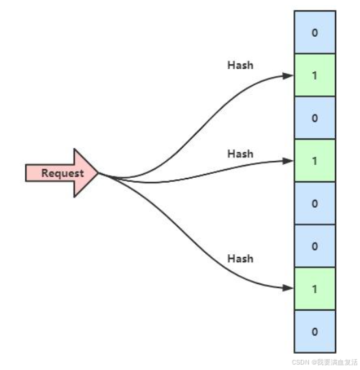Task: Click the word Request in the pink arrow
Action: coord(63,174)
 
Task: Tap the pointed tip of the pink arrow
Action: coord(98,173)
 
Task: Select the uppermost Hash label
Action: coord(240,65)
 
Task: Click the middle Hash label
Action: coord(240,154)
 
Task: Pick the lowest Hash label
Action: coord(240,259)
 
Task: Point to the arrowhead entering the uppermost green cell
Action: coord(288,76)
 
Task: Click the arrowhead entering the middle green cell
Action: coord(288,161)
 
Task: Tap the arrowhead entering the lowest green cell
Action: coord(288,288)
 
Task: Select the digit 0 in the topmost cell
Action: coord(315,33)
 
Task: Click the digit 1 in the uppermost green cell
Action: coord(315,76)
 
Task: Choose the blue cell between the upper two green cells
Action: coord(315,118)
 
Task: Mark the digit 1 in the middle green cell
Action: coord(315,161)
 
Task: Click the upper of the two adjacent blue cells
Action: coord(315,203)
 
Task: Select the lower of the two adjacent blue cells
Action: coord(315,246)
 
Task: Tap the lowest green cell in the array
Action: coord(315,289)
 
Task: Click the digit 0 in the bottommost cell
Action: coord(315,332)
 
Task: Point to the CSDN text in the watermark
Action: coord(301,363)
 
